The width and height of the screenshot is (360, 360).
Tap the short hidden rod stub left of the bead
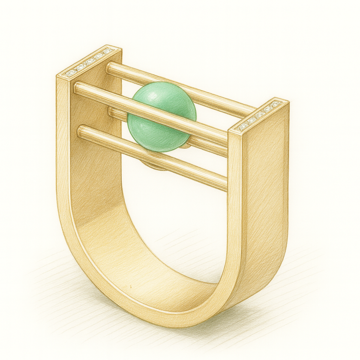click(114, 112)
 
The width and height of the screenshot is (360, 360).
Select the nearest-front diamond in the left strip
click(69, 73)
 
